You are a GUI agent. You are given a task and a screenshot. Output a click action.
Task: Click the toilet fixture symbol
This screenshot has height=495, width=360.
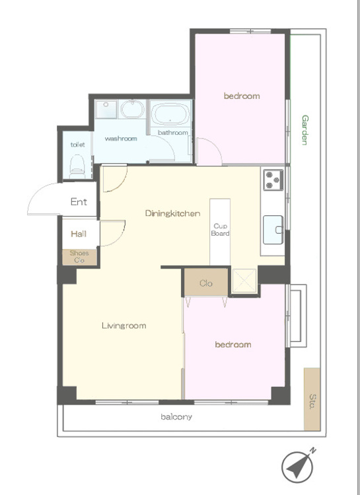(x=77, y=166)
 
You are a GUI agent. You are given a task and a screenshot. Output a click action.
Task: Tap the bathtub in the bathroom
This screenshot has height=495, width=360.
(x=170, y=114)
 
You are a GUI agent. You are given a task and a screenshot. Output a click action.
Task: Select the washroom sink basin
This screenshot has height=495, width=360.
(x=133, y=109)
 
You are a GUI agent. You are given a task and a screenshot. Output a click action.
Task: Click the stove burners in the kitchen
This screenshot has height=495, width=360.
(x=273, y=180)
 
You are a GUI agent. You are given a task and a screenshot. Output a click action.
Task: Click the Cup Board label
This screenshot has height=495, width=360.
(x=221, y=230)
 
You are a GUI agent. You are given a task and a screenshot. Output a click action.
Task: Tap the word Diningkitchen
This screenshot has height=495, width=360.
(x=172, y=213)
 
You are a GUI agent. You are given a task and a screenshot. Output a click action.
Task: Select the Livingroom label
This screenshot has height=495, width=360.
(x=124, y=325)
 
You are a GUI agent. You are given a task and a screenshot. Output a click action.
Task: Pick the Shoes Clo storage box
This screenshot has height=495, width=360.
(x=79, y=257)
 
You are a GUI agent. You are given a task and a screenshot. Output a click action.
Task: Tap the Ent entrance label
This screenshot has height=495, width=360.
(x=79, y=202)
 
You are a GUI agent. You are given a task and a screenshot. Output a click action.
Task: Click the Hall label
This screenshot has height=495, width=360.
(x=79, y=234)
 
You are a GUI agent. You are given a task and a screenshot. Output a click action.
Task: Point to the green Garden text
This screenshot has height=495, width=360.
(x=305, y=130)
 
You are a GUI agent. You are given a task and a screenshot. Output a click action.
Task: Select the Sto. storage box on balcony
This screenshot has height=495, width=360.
(x=312, y=399)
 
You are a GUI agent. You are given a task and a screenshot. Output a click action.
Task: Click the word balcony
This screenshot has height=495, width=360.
(x=176, y=417)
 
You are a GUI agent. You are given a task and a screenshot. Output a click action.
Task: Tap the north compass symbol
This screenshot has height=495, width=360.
(x=298, y=466)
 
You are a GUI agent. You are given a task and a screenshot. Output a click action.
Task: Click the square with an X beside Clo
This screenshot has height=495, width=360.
(x=244, y=280)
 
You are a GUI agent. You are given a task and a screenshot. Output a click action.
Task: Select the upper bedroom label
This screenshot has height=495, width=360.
(x=242, y=96)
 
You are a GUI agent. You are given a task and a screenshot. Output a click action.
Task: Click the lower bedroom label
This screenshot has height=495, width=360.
(x=233, y=345)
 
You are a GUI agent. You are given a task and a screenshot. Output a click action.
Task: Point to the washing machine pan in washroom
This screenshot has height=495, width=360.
(x=106, y=109)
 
